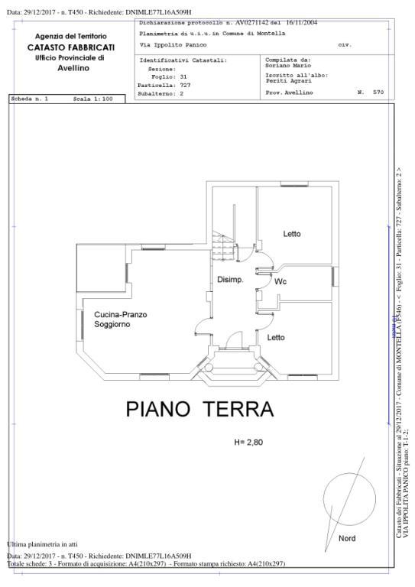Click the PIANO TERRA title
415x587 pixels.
click(x=199, y=409)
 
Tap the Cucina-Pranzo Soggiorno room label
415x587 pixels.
click(x=121, y=319)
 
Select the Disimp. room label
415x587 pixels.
click(x=229, y=280)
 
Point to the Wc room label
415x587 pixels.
click(x=280, y=281)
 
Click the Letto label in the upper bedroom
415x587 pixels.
click(x=291, y=234)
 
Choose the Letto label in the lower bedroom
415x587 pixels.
click(x=276, y=337)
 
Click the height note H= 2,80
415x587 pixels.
click(x=248, y=443)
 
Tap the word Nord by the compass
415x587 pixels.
click(x=346, y=538)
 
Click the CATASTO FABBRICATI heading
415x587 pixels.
click(x=70, y=47)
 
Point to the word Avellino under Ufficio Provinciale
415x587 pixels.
click(x=73, y=68)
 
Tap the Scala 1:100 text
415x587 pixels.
click(x=92, y=99)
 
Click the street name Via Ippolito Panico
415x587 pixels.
click(x=173, y=45)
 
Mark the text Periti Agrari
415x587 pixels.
click(x=283, y=80)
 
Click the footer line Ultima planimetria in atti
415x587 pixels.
click(x=43, y=543)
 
